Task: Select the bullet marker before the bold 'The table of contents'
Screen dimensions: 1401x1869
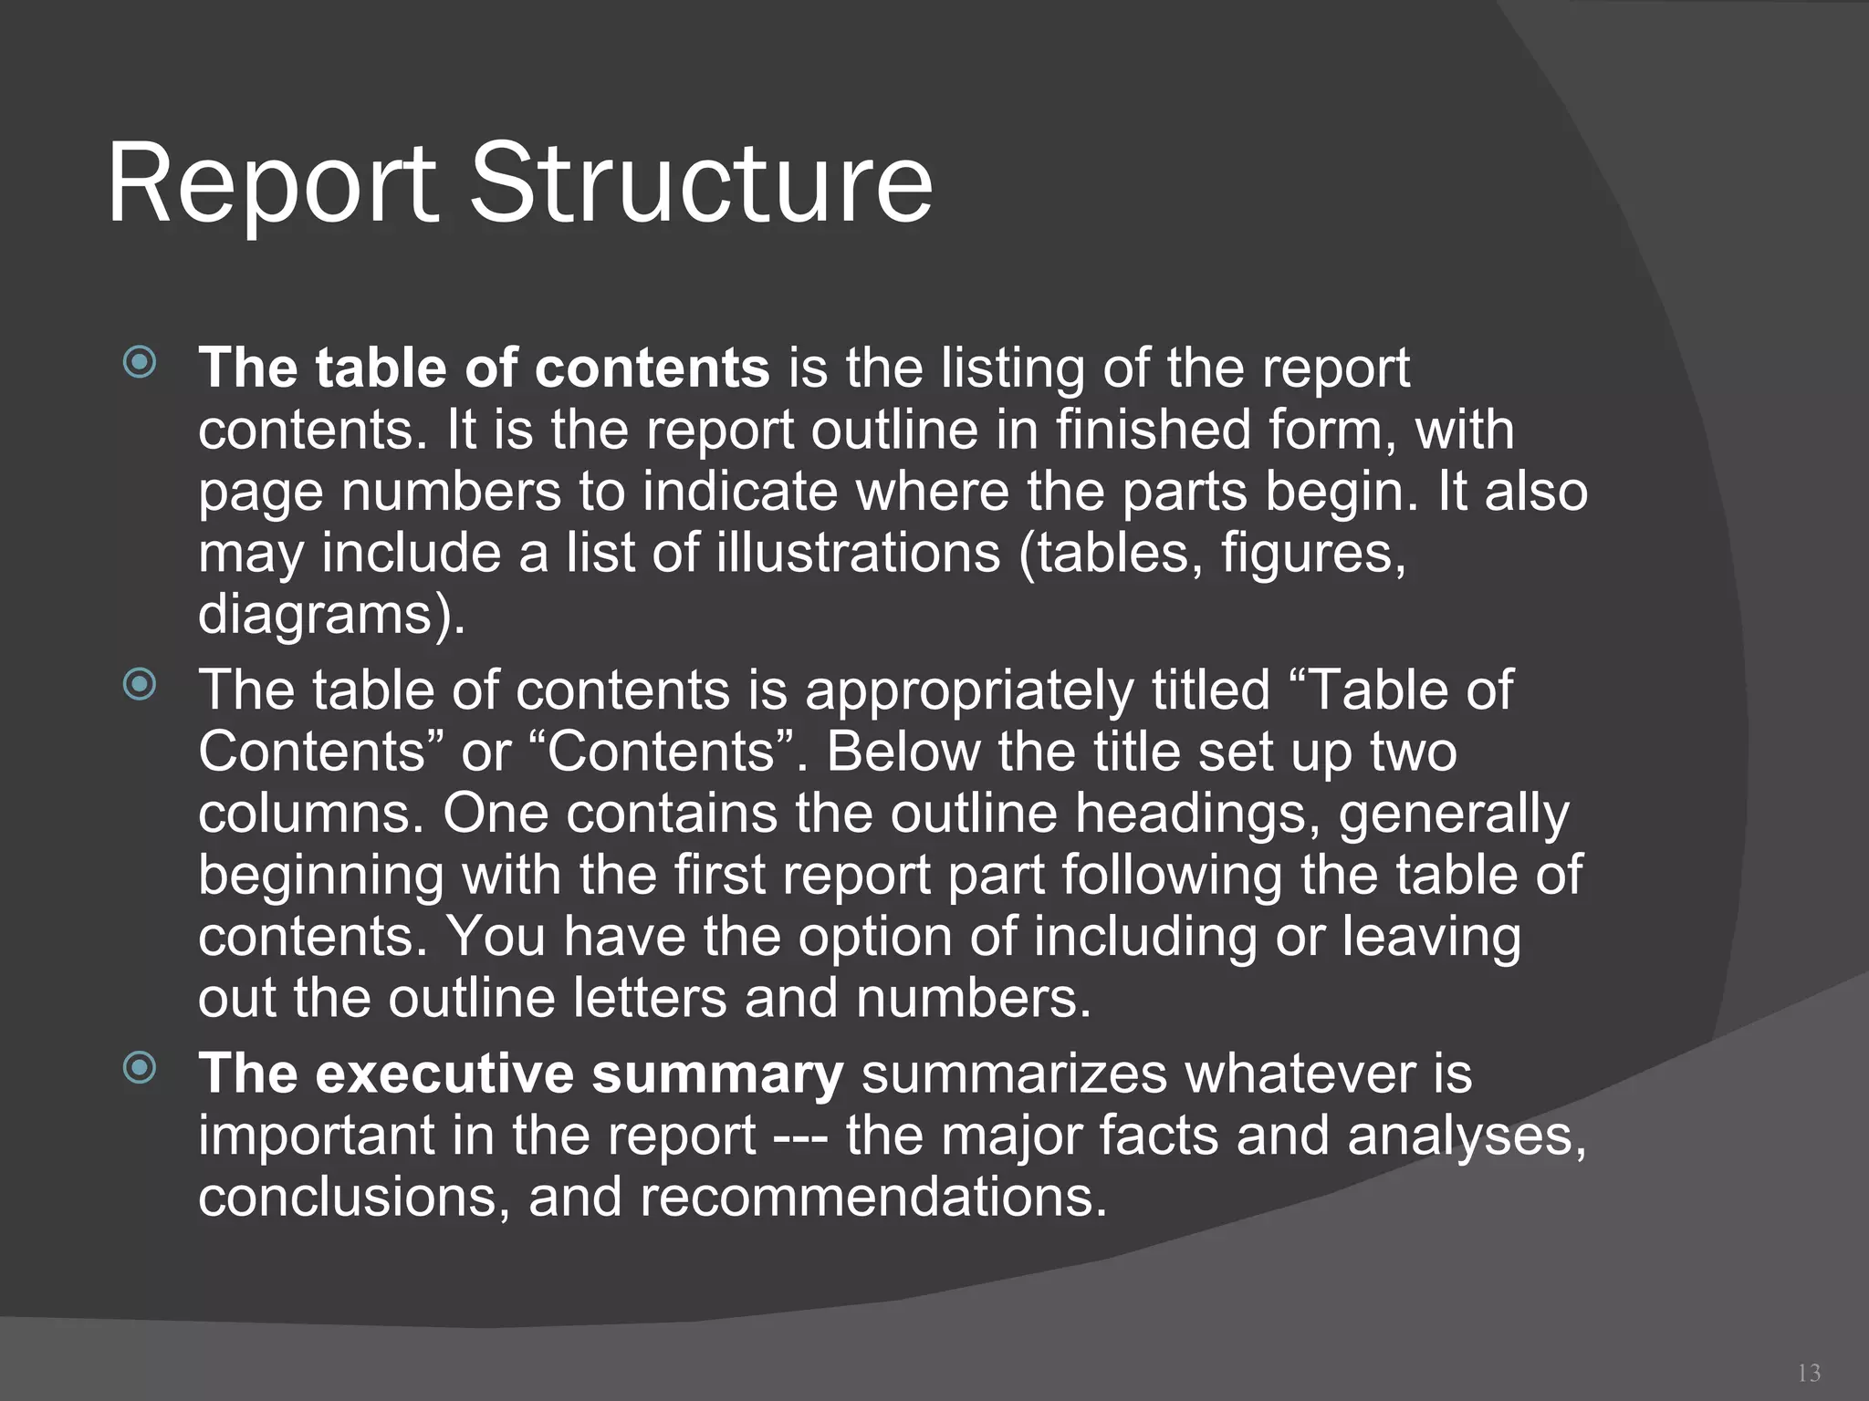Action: (140, 363)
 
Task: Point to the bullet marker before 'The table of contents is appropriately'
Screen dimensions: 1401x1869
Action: (140, 684)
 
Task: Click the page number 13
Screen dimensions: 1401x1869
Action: (1808, 1373)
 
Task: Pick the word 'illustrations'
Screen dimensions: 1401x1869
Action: (858, 553)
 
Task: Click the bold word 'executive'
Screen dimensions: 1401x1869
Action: (444, 1074)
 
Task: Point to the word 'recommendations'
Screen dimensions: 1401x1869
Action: (872, 1197)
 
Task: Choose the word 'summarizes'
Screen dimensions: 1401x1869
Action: (1014, 1074)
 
